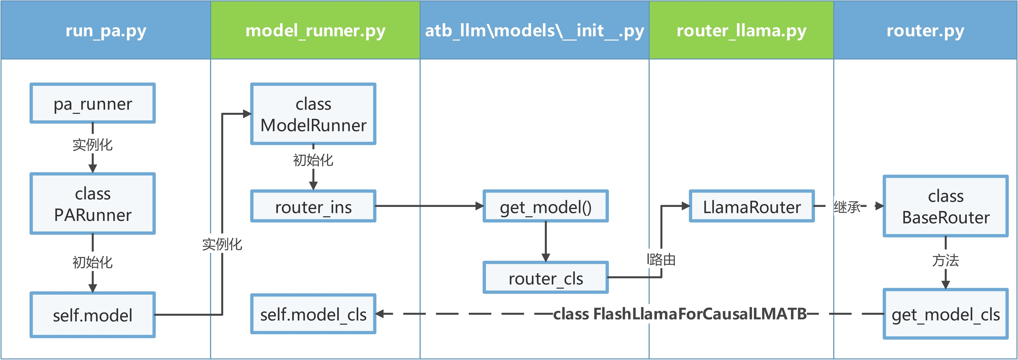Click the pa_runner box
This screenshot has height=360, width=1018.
[92, 103]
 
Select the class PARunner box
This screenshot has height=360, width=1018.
[92, 204]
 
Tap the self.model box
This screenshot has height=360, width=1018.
[92, 315]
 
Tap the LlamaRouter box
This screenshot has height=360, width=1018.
[752, 206]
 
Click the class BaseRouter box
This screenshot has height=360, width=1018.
[946, 206]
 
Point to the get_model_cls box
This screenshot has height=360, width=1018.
[946, 314]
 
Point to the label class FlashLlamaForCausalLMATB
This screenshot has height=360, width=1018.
[680, 314]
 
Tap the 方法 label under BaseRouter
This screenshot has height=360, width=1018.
[946, 260]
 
